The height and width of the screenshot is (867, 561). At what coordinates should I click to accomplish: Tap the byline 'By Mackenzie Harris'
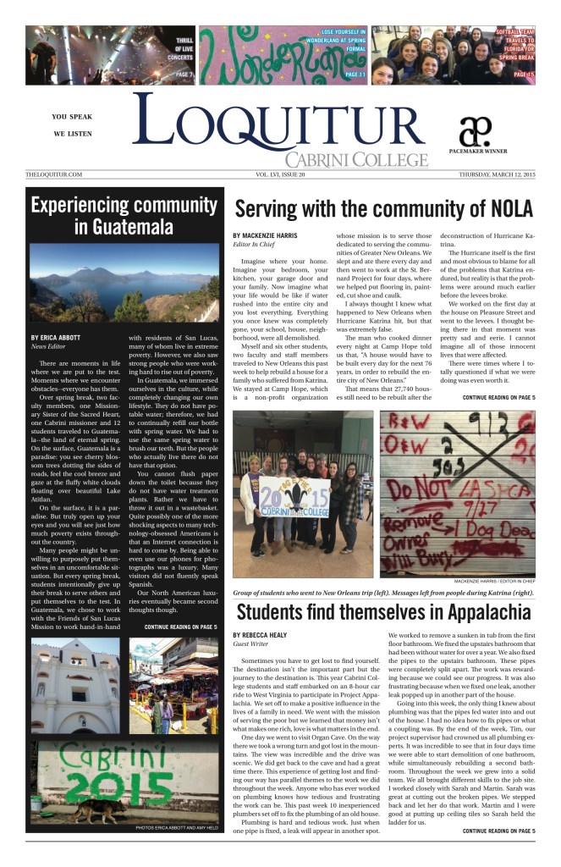(x=268, y=235)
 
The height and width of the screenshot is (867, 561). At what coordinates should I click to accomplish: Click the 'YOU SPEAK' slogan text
(x=72, y=117)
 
